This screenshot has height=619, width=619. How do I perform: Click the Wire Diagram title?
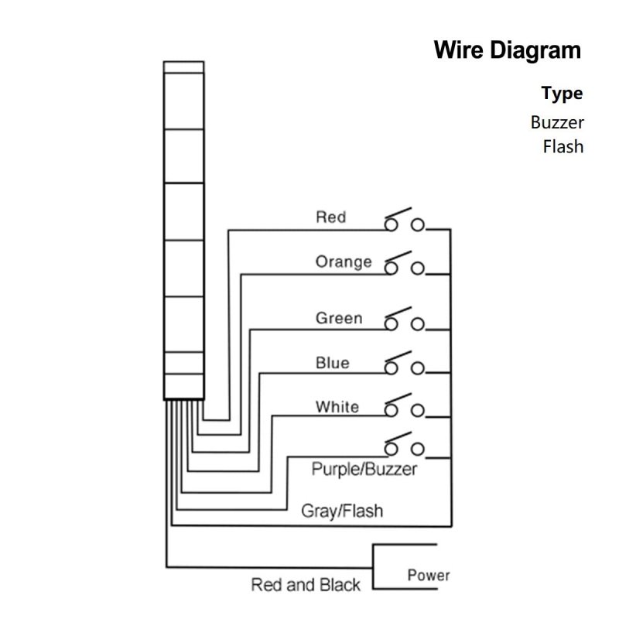pyautogui.click(x=507, y=51)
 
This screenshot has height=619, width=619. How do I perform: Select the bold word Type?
pyautogui.click(x=562, y=94)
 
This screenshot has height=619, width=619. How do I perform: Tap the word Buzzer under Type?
pyautogui.click(x=557, y=121)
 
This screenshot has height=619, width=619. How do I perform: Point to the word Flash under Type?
pyautogui.click(x=563, y=145)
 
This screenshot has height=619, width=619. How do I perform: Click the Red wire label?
pyautogui.click(x=330, y=217)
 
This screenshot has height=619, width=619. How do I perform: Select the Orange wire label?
pyautogui.click(x=343, y=262)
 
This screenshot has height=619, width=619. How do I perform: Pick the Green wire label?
pyautogui.click(x=338, y=318)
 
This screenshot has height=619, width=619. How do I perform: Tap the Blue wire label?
pyautogui.click(x=332, y=363)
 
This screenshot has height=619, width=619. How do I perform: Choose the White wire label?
pyautogui.click(x=337, y=407)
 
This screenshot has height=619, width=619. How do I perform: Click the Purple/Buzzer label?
pyautogui.click(x=364, y=469)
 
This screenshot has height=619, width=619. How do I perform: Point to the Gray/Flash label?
pyautogui.click(x=341, y=511)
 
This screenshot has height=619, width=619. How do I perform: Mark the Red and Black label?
pyautogui.click(x=306, y=585)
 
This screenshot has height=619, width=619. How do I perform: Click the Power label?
pyautogui.click(x=428, y=576)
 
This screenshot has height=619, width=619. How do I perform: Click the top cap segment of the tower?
pyautogui.click(x=183, y=68)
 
